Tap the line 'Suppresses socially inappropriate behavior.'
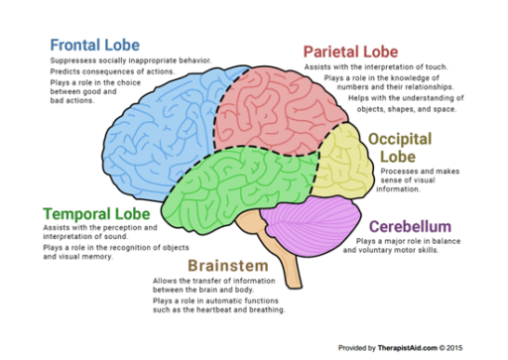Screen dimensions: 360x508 point(129,61)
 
